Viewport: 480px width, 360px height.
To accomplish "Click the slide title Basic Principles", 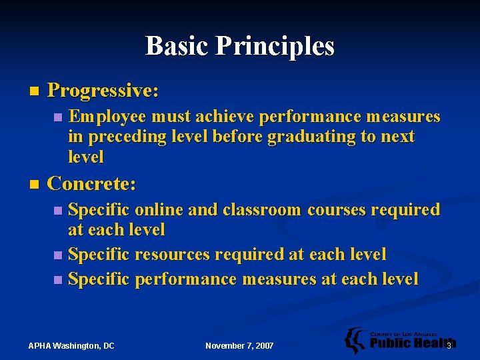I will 240,46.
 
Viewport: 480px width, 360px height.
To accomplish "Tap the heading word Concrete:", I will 92,183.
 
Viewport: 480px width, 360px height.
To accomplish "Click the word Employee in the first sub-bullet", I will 107,117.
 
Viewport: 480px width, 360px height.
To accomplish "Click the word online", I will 159,210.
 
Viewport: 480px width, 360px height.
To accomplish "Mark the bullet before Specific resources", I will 58,255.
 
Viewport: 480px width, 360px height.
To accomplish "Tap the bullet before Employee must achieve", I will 58,118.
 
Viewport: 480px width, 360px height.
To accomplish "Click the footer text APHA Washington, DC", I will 71,345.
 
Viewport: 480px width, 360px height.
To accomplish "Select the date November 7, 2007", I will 239,345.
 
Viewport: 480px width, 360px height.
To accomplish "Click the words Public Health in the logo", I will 408,344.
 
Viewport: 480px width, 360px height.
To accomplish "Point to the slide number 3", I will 449,345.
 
